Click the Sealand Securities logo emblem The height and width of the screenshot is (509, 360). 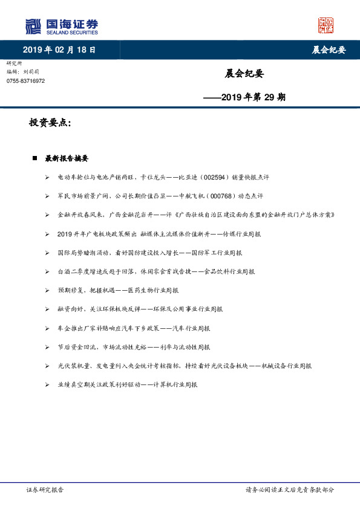pos(33,27)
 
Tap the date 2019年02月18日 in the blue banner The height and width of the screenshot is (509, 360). pos(59,50)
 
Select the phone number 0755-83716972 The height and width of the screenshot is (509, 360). pos(25,80)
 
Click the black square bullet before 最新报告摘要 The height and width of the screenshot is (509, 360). pos(34,158)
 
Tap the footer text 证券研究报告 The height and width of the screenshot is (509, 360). pos(45,490)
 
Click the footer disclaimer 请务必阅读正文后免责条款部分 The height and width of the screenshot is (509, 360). pos(289,490)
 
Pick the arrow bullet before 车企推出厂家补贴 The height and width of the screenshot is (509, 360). pos(47,328)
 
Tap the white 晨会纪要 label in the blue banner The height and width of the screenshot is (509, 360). pos(329,50)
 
